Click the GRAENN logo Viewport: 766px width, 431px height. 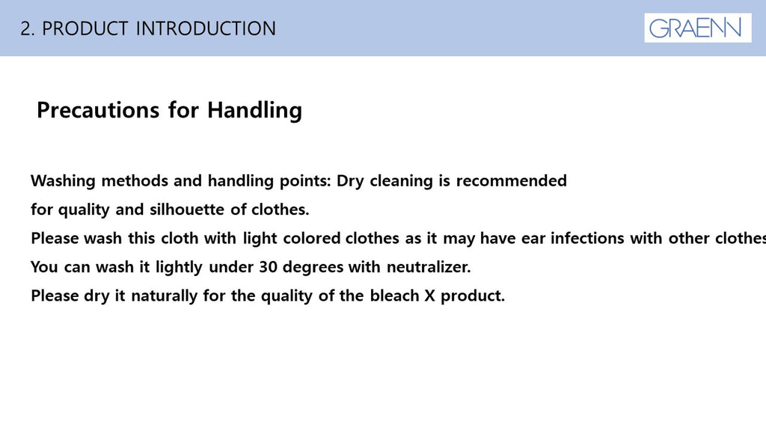point(698,28)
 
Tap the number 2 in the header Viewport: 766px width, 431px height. point(25,29)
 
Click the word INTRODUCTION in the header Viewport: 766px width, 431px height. point(206,29)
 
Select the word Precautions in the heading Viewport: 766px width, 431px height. point(98,110)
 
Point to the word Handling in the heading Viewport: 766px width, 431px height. point(254,111)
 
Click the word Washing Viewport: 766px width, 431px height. point(63,181)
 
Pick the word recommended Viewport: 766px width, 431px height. point(512,181)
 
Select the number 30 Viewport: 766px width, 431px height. point(268,267)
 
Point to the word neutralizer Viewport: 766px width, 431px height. point(429,267)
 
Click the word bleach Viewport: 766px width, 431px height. point(394,296)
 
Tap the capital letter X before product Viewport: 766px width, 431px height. point(429,296)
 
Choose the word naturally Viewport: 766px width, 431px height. point(164,296)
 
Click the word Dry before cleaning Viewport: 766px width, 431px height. point(350,181)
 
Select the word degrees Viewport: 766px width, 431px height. point(313,268)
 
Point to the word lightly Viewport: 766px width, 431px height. point(179,268)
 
